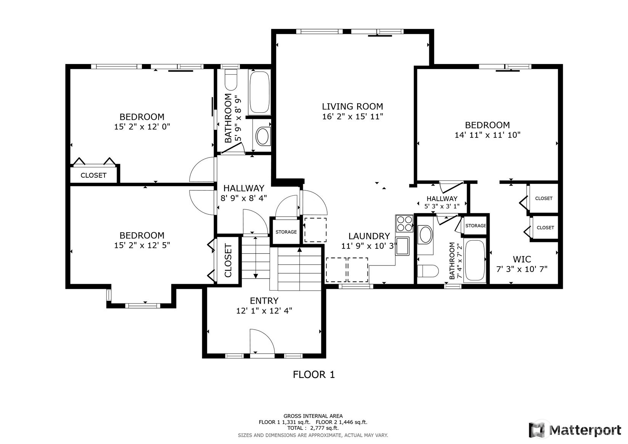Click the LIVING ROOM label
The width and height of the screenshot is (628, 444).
tap(352, 106)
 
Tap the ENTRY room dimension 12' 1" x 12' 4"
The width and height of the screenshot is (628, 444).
tap(264, 310)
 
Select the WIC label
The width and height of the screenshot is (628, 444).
tap(522, 259)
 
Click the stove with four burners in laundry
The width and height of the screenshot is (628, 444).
tap(404, 223)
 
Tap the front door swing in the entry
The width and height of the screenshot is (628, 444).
tap(262, 342)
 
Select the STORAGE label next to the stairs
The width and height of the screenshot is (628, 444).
tap(286, 232)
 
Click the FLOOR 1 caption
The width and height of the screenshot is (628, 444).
tap(313, 375)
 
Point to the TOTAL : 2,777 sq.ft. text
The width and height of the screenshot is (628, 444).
tap(313, 428)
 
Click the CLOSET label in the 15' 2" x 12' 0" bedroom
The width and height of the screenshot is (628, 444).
tap(93, 175)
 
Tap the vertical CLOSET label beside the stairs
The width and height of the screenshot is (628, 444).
tap(228, 261)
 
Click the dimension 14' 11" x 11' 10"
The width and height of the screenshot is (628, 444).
tap(487, 135)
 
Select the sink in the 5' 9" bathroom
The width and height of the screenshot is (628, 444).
tap(262, 136)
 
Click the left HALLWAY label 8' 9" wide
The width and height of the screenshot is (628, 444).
tap(244, 188)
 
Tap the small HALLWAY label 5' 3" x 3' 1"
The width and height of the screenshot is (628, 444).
tap(442, 199)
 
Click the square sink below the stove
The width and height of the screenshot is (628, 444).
tap(402, 246)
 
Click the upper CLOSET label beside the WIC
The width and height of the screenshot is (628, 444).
tap(543, 198)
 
